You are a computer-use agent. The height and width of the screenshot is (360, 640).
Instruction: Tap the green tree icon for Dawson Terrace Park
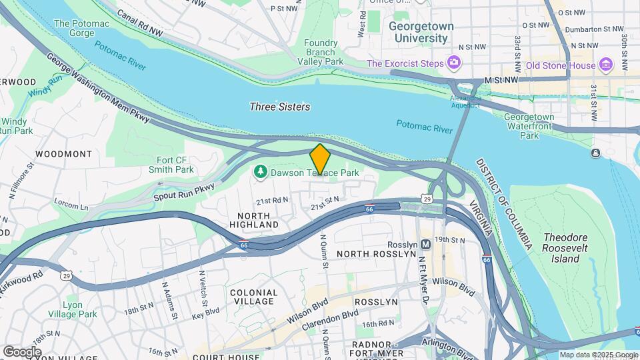click(260, 173)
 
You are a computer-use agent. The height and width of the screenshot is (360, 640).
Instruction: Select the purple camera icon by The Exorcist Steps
click(454, 63)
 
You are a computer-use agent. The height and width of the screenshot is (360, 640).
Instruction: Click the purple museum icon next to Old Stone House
click(605, 65)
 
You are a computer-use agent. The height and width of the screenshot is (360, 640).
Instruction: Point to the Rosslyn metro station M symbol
click(426, 245)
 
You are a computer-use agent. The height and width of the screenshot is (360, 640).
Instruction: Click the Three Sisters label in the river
click(279, 107)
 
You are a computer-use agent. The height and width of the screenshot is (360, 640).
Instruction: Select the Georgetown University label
click(421, 33)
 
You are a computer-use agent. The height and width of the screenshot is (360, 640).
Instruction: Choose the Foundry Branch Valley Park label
click(320, 53)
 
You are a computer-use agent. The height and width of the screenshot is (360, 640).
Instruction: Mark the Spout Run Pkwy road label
click(184, 191)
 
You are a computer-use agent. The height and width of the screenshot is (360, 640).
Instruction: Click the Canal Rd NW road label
click(140, 22)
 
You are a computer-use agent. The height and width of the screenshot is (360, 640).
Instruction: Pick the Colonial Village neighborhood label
click(253, 297)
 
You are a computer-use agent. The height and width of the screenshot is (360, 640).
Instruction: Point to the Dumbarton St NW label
click(594, 29)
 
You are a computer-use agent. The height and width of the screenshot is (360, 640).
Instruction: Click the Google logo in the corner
click(22, 351)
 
